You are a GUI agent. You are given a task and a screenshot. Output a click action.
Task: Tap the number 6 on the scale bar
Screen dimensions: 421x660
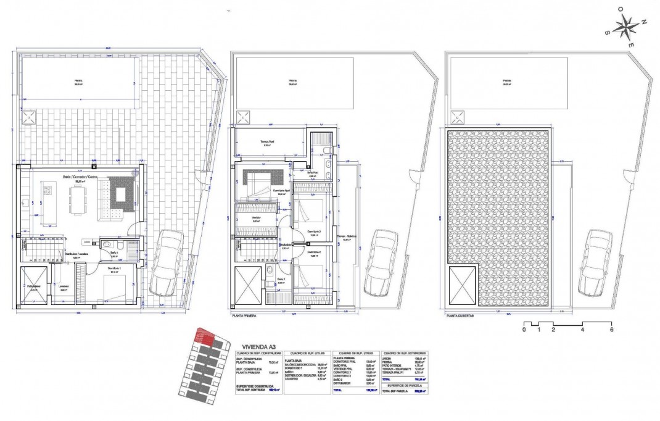(611, 330)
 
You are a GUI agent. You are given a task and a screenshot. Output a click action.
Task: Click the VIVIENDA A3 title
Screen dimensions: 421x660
(257, 348)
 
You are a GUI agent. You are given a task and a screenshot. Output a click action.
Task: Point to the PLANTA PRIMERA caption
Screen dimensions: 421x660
(244, 315)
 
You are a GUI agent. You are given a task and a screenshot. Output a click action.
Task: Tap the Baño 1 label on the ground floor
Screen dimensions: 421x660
(114, 252)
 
